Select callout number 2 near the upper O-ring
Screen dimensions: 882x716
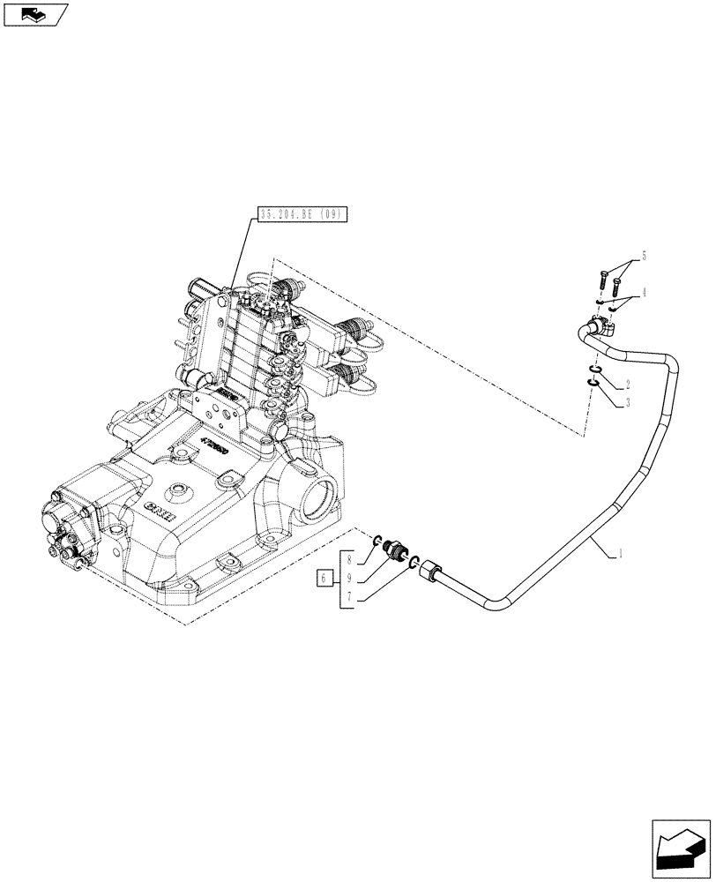pos(627,384)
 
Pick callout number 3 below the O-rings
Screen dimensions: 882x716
pos(627,402)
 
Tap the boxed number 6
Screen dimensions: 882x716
pos(324,579)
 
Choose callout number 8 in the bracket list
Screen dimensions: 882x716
pos(349,558)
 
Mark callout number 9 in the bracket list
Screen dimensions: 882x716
pos(349,579)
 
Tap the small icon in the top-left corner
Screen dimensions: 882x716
pos(35,14)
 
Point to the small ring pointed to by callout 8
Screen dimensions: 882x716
pos(376,542)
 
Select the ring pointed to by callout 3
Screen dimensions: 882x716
pos(593,382)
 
